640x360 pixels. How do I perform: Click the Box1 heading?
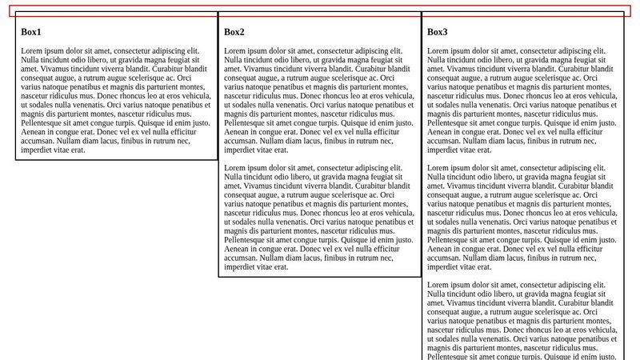pos(31,32)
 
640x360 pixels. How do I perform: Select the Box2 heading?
pos(234,32)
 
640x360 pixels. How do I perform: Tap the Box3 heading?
pos(438,32)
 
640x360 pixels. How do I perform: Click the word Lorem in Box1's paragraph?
pos(33,50)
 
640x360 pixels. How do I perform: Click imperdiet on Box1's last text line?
pos(40,150)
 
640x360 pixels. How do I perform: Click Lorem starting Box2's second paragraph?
pos(236,168)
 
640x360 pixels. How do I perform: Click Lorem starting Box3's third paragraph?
pos(439,286)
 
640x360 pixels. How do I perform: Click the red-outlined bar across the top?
pos(320,11)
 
